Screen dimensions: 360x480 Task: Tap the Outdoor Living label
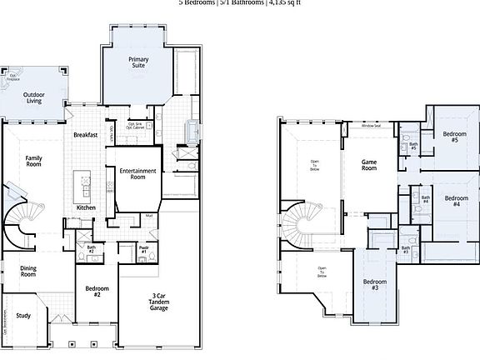pyautogui.click(x=34, y=98)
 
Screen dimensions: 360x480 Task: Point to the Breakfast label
pyautogui.click(x=86, y=135)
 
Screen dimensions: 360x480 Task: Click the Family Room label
pyautogui.click(x=33, y=162)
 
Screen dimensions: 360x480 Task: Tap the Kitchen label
pyautogui.click(x=86, y=207)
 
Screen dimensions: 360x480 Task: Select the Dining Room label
pyautogui.click(x=28, y=272)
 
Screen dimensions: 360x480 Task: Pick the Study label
pyautogui.click(x=23, y=315)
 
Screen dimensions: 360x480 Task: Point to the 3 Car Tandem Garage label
pyautogui.click(x=159, y=302)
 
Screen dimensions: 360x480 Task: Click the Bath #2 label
pyautogui.click(x=92, y=248)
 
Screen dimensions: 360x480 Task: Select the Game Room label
pyautogui.click(x=370, y=164)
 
